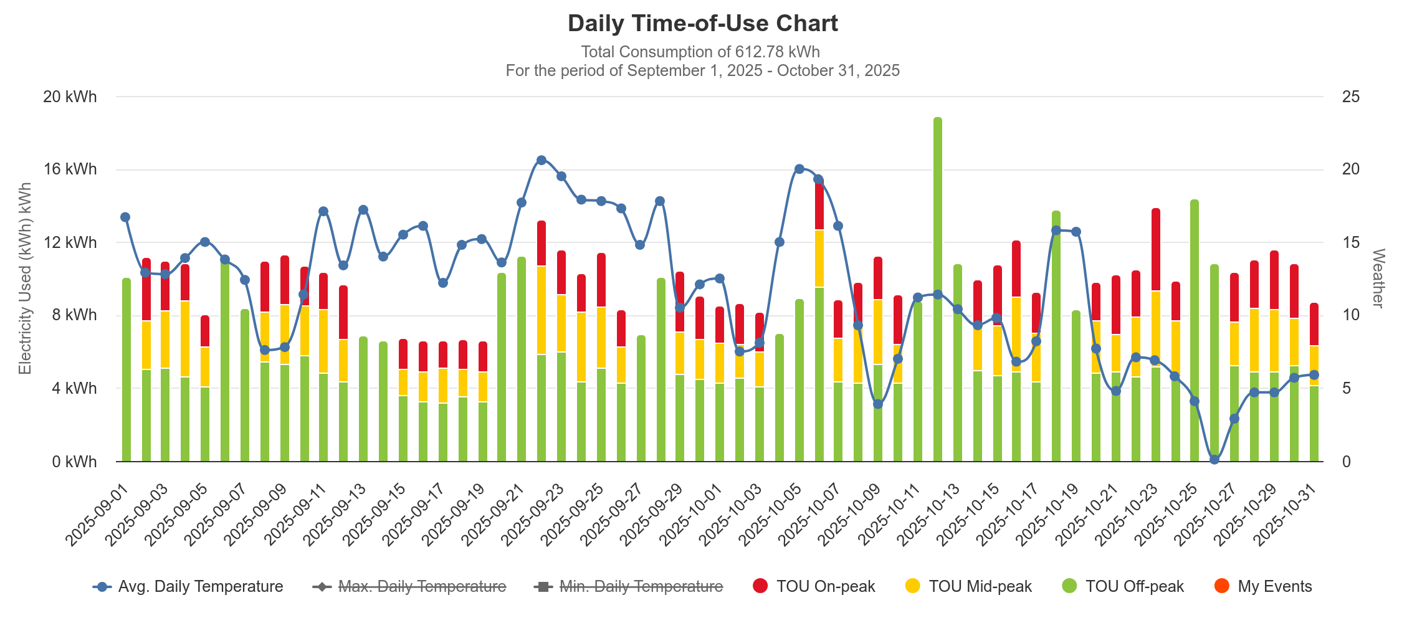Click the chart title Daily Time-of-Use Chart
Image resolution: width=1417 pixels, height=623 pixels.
point(702,24)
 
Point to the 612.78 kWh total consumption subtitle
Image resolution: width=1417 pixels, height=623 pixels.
point(700,52)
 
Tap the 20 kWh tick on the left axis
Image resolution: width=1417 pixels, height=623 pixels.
point(70,97)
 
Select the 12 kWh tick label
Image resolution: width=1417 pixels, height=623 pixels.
point(70,242)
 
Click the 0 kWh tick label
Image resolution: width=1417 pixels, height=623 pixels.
point(74,462)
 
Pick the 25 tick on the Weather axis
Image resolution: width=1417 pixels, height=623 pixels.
point(1351,97)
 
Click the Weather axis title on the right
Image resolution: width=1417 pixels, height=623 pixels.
point(1378,278)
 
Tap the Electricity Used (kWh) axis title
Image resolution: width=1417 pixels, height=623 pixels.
point(25,278)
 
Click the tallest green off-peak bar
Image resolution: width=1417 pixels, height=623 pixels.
point(938,287)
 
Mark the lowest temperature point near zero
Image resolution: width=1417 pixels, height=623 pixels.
point(1214,460)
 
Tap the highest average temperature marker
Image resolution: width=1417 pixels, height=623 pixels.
point(542,160)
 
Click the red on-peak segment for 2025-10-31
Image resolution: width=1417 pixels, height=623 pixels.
point(1314,324)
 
